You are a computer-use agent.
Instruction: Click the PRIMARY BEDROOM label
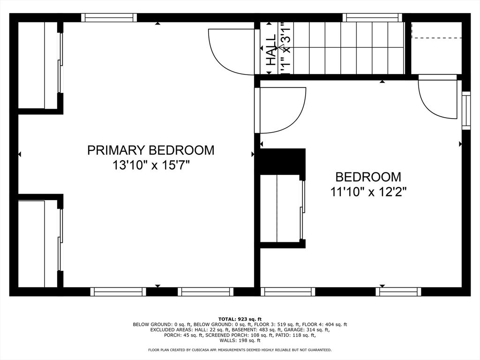tap(150, 150)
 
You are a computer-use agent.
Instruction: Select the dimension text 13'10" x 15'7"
tap(150, 165)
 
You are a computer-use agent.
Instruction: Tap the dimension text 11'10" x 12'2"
tap(368, 192)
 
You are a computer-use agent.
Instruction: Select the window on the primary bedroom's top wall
tap(109, 18)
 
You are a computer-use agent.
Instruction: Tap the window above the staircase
tap(373, 18)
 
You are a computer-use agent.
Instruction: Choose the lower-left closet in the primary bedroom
tap(37, 244)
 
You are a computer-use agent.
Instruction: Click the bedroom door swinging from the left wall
tap(279, 110)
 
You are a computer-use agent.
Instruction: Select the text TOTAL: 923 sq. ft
tap(240, 318)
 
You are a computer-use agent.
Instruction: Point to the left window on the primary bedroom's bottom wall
tap(118, 292)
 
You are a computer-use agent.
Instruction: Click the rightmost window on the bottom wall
tap(398, 292)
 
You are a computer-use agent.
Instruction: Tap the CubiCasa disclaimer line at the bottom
tap(240, 350)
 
